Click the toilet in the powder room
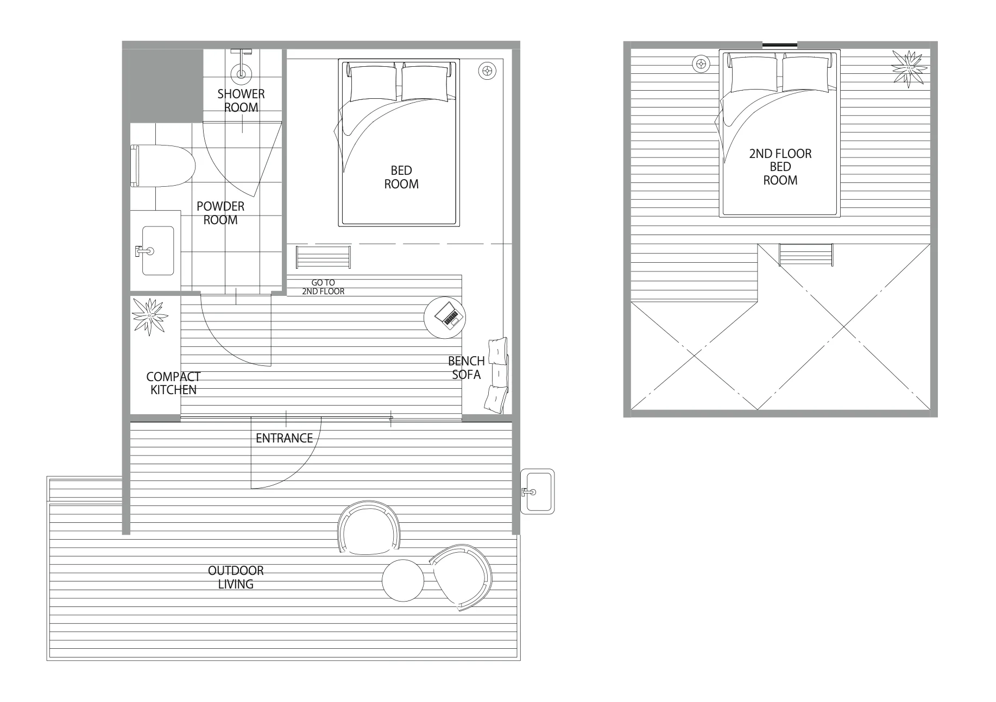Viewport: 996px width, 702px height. [163, 166]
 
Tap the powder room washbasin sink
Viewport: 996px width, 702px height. [157, 251]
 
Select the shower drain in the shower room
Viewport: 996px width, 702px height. [241, 72]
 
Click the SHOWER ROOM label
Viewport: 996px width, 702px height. [241, 100]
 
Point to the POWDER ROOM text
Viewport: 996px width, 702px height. [220, 213]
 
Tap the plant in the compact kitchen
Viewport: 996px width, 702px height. [149, 315]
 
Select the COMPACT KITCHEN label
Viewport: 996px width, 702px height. [173, 383]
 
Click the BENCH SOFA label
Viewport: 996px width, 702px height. [466, 368]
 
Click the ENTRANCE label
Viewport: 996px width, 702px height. [284, 438]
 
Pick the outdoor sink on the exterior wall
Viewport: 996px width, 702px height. [537, 492]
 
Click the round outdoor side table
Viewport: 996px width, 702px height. [403, 580]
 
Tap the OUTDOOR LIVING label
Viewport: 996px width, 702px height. [236, 577]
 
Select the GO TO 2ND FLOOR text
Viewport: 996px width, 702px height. [323, 287]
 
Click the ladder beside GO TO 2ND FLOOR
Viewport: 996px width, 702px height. [323, 257]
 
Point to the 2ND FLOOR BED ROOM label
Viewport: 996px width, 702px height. [780, 167]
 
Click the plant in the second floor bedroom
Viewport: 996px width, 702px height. [909, 68]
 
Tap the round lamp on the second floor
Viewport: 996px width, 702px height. [701, 64]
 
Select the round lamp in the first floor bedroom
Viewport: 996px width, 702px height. [487, 71]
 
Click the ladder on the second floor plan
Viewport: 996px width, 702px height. [806, 255]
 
